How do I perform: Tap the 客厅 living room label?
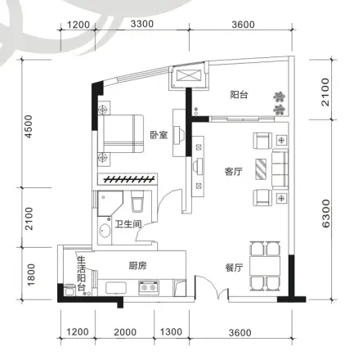click(x=235, y=172)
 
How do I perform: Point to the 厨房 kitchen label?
click(x=137, y=267)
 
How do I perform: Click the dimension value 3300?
click(x=142, y=24)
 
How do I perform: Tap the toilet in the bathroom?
click(x=137, y=200)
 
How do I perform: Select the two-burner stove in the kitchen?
click(x=148, y=288)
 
